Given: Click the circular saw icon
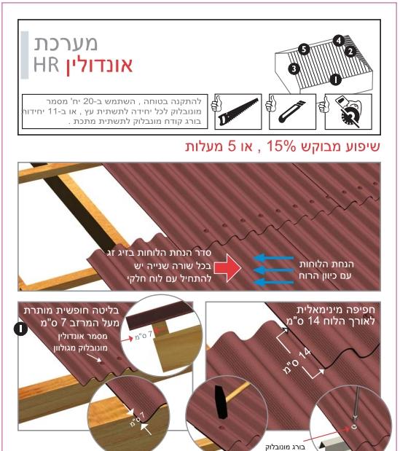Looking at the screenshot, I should coord(350,111).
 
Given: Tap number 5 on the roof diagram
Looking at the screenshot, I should coord(304,49).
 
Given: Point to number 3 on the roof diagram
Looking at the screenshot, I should coord(294,68).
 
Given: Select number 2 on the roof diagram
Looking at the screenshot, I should coord(350,52).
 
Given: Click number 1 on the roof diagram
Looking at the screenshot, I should coord(334,79).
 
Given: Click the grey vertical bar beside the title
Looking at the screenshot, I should coord(26,55).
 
